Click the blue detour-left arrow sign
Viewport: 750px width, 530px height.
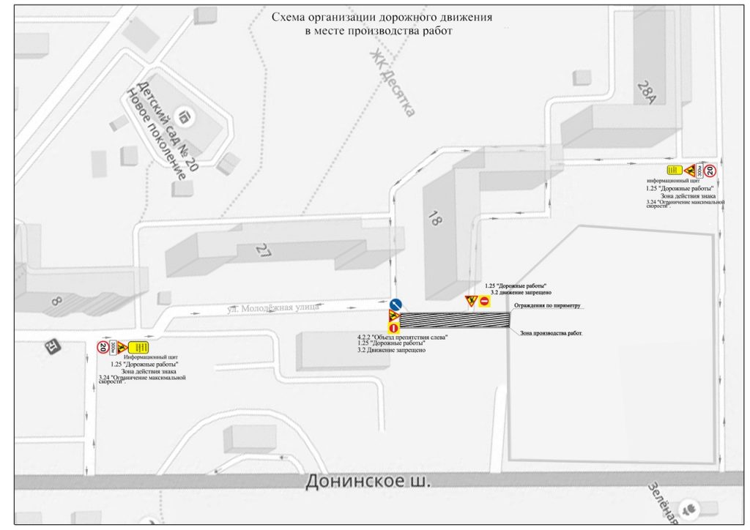click(x=396, y=305)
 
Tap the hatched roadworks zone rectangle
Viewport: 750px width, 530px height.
click(x=454, y=319)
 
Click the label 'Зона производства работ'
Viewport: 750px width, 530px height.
click(x=551, y=333)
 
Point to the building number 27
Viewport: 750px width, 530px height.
click(x=263, y=251)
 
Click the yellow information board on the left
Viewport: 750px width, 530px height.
click(x=139, y=347)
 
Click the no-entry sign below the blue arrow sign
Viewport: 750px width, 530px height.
click(x=393, y=328)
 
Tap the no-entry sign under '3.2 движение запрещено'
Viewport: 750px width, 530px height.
click(x=485, y=300)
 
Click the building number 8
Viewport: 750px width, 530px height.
click(x=58, y=301)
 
